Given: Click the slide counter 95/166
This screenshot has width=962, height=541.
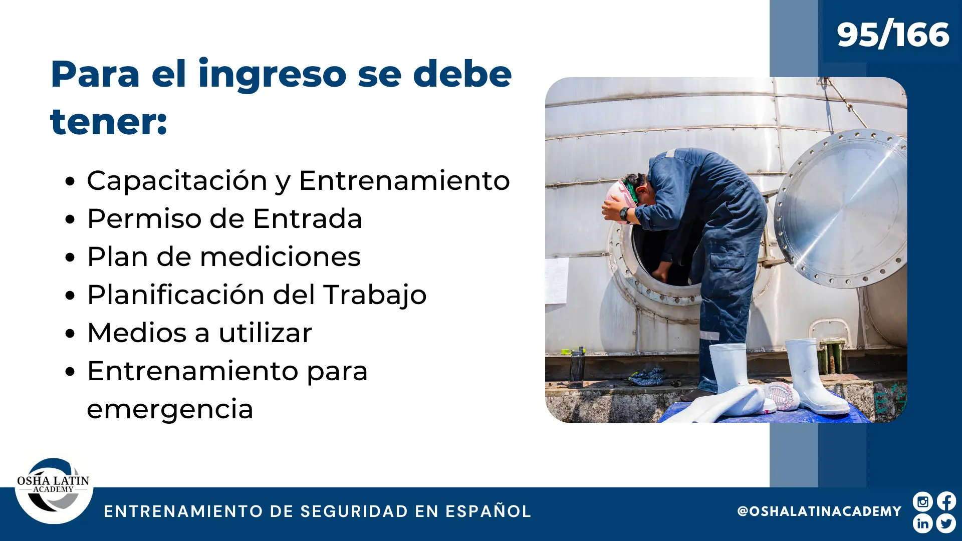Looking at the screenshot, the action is [x=893, y=35].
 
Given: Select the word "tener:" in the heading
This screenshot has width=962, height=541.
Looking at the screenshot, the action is [x=109, y=122].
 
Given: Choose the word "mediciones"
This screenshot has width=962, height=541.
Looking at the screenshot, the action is [x=281, y=256].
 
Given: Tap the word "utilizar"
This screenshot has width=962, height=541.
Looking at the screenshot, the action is [x=266, y=333].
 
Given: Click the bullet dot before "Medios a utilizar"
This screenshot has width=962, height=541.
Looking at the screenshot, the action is [x=70, y=333].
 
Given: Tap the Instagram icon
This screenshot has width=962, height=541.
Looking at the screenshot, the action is [x=922, y=501].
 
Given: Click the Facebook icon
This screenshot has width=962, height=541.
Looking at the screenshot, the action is [x=946, y=501].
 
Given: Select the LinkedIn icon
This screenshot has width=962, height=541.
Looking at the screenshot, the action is [x=922, y=523].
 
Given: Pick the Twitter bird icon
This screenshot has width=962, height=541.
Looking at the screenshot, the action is [x=946, y=523].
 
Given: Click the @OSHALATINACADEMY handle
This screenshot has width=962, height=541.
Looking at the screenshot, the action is [x=819, y=511].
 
